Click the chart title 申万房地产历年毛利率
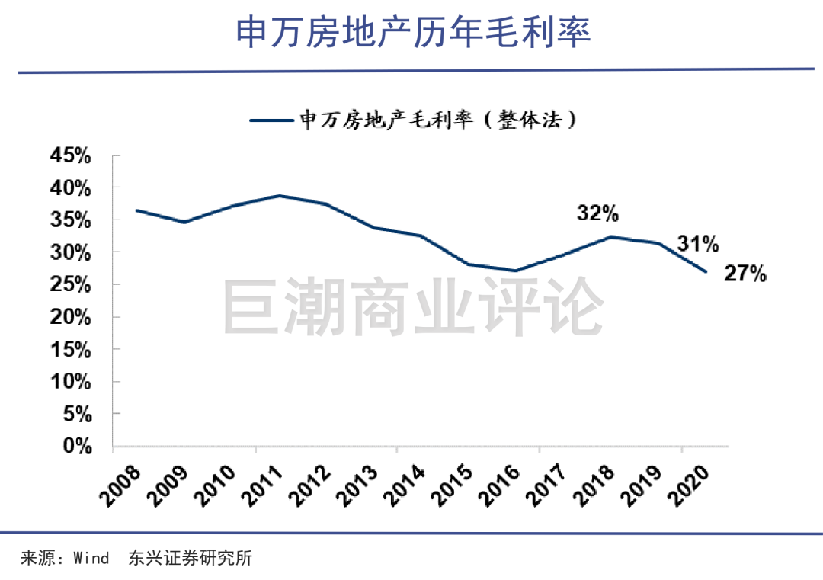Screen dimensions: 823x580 [413, 32]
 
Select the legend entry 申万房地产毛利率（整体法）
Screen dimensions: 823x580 [412, 120]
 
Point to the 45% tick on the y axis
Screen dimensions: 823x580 [71, 155]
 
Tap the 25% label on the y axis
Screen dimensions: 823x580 [71, 284]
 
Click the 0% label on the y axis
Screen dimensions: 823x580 [78, 446]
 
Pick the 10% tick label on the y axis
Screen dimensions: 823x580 [71, 382]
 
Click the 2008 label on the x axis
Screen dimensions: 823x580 [120, 486]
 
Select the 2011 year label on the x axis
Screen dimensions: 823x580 [262, 486]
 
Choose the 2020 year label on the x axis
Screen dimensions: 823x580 [689, 486]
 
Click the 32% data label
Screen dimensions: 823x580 [598, 213]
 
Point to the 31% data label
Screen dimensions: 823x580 [698, 244]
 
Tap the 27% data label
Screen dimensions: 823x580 [745, 274]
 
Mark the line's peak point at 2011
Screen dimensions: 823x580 [279, 196]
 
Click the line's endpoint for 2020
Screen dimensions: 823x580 [706, 271]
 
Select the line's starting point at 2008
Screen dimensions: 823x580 [136, 210]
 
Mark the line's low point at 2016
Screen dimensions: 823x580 [516, 271]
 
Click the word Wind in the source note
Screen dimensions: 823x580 [91, 558]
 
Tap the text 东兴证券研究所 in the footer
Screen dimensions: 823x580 [190, 558]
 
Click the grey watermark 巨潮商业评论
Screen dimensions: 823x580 [413, 306]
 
